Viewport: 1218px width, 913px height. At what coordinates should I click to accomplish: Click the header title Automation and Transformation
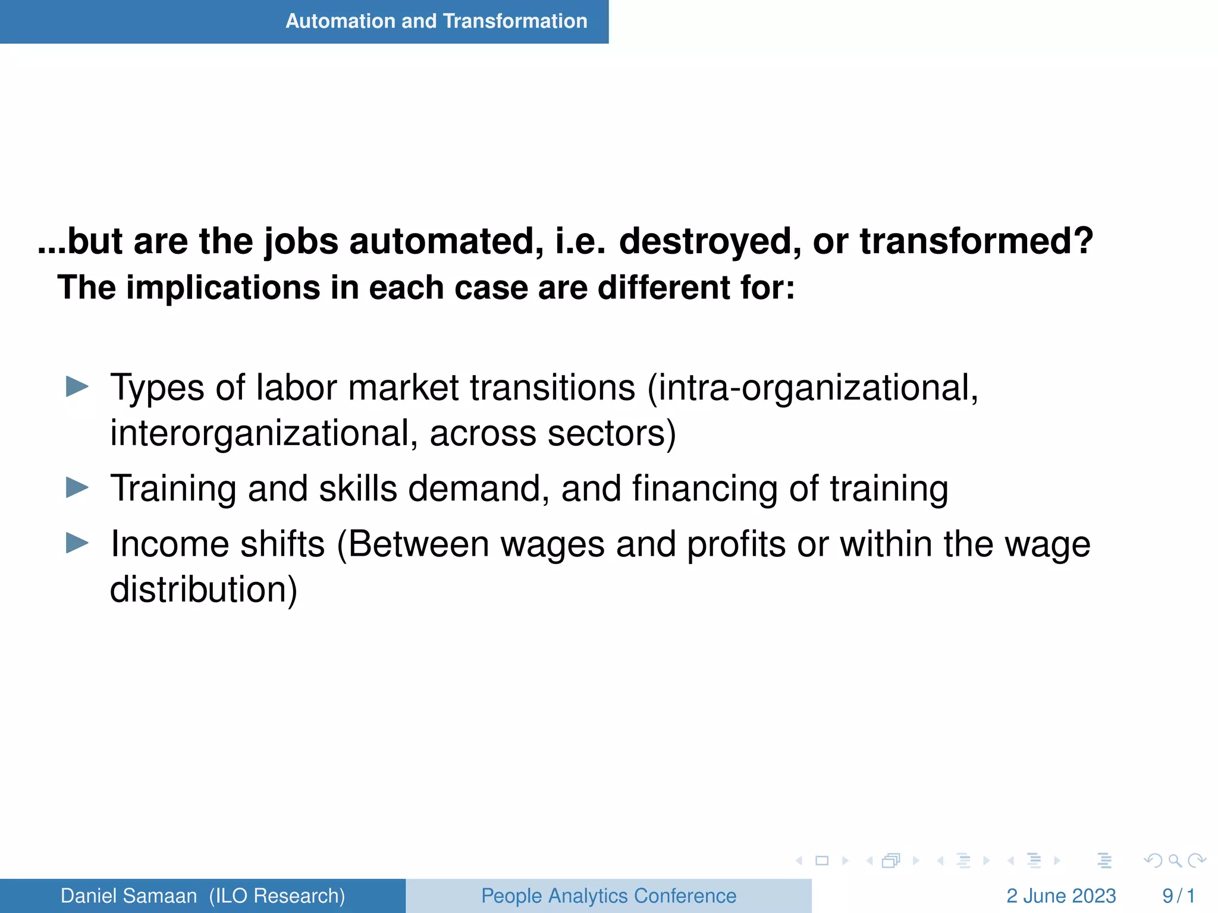(x=436, y=21)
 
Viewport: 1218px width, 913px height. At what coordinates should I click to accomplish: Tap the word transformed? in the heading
(x=977, y=241)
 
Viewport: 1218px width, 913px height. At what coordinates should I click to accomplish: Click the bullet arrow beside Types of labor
(x=77, y=386)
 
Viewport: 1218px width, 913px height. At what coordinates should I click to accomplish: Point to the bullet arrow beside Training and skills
(x=77, y=487)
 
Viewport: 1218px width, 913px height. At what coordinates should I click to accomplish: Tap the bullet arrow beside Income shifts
(x=77, y=543)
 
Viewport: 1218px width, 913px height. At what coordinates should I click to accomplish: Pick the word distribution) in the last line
(x=203, y=590)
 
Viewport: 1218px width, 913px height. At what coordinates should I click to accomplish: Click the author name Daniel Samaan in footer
(x=128, y=896)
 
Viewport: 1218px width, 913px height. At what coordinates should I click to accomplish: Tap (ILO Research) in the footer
(x=277, y=896)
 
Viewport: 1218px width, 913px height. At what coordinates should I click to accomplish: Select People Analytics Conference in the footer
(x=608, y=896)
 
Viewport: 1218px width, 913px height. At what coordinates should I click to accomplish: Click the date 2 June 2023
(x=1061, y=896)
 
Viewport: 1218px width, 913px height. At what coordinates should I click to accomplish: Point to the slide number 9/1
(x=1178, y=896)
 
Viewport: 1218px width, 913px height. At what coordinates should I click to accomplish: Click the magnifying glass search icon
(x=1175, y=861)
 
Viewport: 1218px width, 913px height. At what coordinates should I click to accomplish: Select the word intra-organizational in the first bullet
(x=813, y=388)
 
